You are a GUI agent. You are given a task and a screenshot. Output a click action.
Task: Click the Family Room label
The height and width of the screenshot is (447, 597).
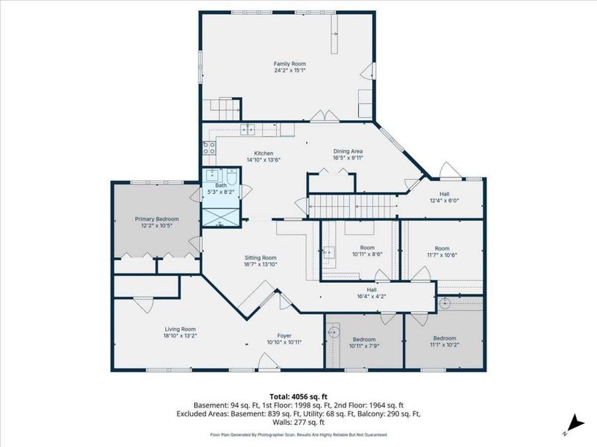[290, 64]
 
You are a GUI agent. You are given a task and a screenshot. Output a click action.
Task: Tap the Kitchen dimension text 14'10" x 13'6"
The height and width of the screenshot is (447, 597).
[263, 160]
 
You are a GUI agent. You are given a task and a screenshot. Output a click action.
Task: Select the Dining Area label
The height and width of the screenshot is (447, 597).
[348, 151]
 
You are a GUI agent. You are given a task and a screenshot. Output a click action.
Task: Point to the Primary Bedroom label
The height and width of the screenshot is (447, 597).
[157, 219]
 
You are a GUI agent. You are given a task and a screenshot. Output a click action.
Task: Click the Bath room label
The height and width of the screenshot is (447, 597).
[221, 186]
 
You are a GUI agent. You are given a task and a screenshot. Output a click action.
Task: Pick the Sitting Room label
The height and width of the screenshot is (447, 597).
[260, 258]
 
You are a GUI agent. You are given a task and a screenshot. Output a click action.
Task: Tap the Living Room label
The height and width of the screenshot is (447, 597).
[180, 329]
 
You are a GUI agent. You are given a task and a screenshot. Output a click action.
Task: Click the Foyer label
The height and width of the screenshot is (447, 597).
[284, 336]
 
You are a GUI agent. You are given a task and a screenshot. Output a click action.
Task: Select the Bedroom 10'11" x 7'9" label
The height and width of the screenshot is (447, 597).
[364, 340]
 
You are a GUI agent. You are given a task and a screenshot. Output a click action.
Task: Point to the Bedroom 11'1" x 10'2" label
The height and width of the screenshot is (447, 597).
[444, 338]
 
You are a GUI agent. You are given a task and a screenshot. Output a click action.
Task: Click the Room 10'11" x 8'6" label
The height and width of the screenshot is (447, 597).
[367, 247]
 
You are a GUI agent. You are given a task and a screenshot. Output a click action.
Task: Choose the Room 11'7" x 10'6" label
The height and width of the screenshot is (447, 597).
[442, 249]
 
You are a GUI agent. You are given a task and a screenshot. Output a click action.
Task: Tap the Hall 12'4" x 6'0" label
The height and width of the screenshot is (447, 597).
[444, 194]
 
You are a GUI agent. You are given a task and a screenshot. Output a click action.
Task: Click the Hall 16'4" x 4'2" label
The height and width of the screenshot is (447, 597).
[372, 290]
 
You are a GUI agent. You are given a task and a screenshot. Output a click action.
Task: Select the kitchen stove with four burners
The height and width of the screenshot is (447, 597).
[209, 148]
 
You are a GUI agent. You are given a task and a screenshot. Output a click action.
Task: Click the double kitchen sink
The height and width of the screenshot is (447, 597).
[248, 130]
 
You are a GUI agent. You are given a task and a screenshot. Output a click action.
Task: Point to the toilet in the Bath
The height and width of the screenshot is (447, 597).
[231, 177]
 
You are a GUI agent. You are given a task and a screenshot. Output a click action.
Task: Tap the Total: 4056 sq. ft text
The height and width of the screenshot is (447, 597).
[298, 397]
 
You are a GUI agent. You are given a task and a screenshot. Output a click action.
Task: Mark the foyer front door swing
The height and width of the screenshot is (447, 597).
[269, 361]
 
